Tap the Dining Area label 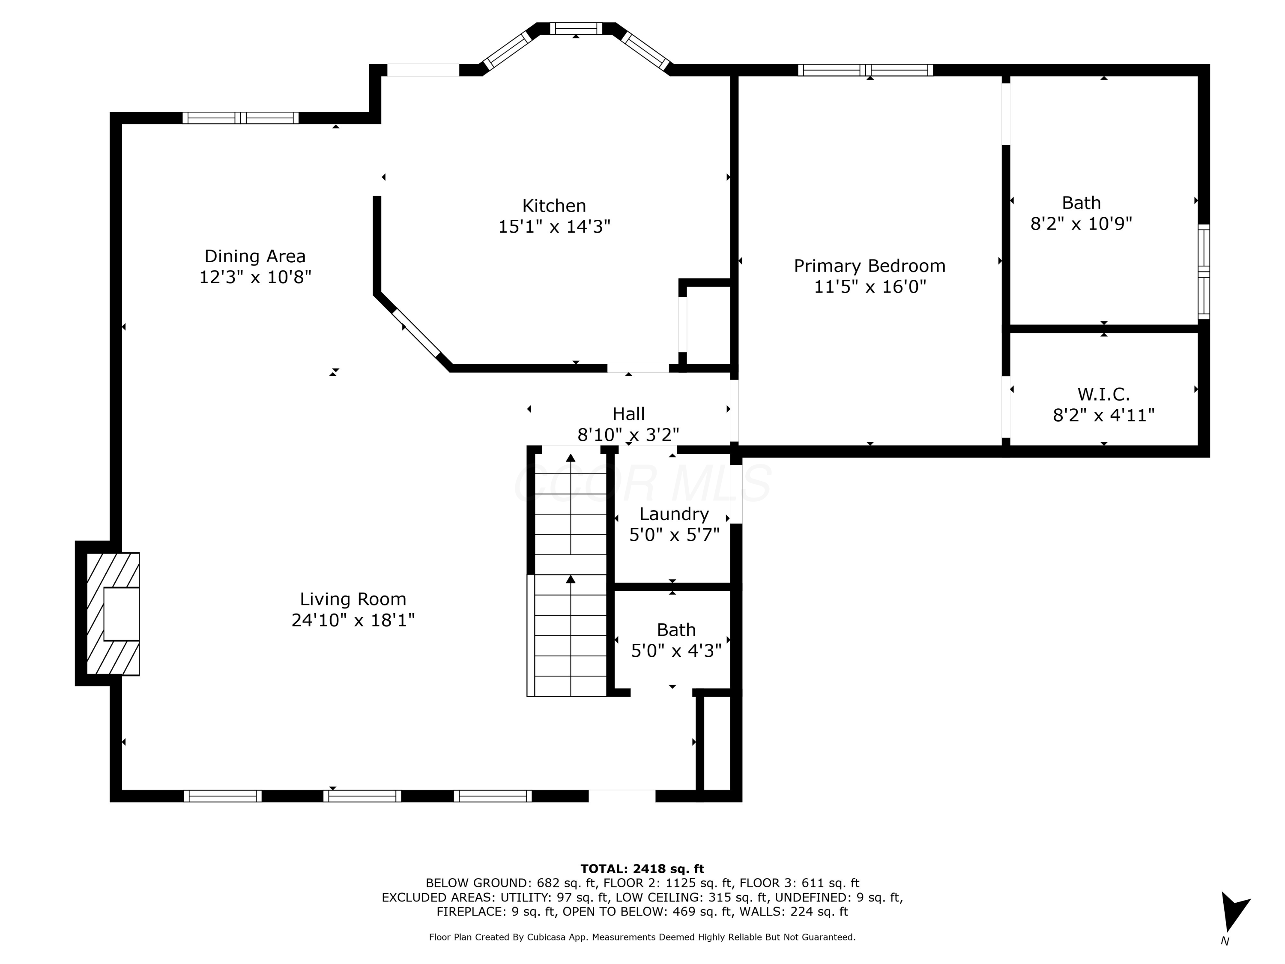255,256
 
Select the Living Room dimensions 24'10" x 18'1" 353,620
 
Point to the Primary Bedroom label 870,266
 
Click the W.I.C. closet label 1104,395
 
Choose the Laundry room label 674,514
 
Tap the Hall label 628,414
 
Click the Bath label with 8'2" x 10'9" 1081,203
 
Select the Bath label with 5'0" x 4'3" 676,630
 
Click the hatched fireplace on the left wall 113,614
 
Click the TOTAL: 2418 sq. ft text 642,869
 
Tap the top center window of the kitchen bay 576,28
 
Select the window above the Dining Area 240,118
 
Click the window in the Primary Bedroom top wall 866,70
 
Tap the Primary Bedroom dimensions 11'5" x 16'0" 870,287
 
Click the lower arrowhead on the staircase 571,579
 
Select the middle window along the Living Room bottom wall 362,796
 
